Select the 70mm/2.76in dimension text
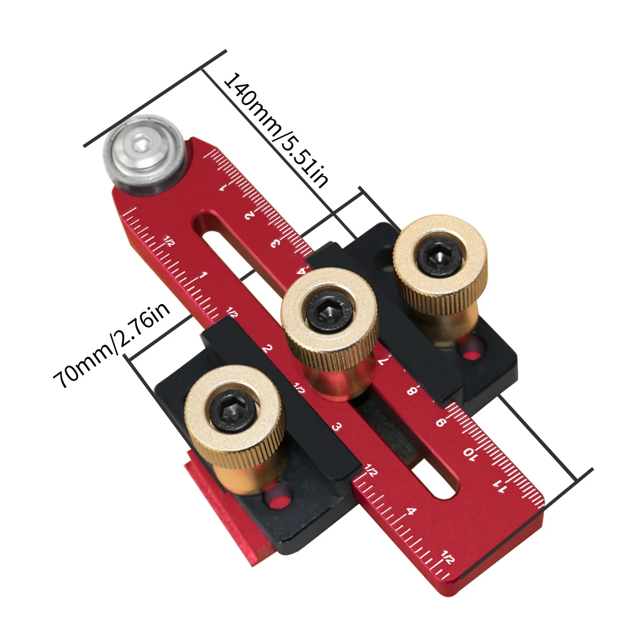point(112,346)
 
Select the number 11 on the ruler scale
point(500,487)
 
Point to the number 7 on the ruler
point(383,360)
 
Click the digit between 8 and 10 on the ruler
point(440,422)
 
